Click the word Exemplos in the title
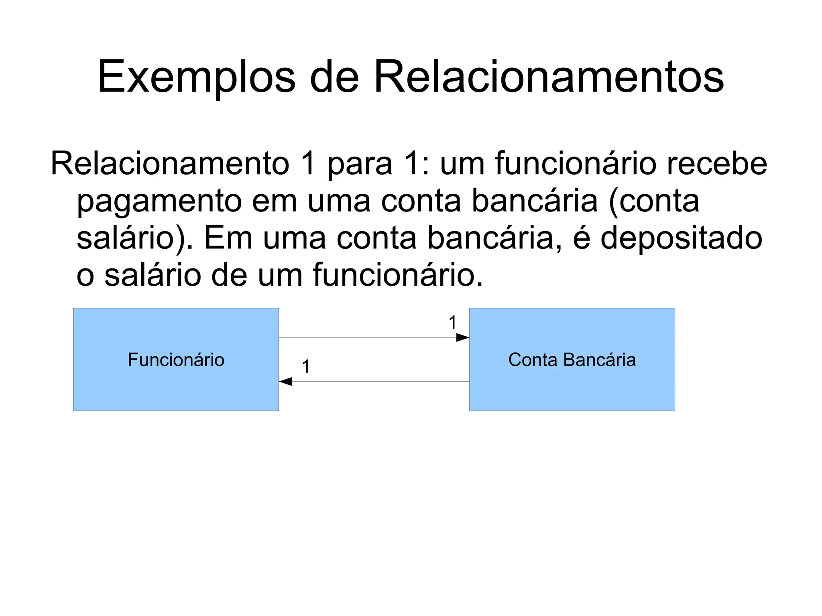196,77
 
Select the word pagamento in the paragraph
159,201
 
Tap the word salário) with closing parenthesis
135,238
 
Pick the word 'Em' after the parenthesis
228,238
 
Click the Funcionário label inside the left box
176,360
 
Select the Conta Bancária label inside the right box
572,360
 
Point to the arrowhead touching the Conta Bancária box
463,337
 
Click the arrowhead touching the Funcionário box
285,382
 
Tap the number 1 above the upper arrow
452,323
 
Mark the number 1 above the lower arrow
306,367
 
